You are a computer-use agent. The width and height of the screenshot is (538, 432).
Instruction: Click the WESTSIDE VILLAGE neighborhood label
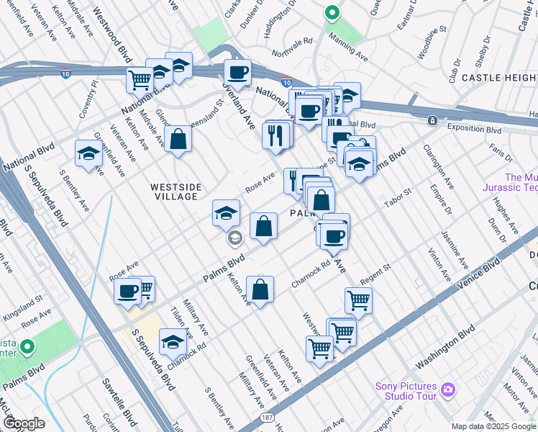coord(173,192)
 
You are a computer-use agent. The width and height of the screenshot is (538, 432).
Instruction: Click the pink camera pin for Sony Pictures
coord(449,390)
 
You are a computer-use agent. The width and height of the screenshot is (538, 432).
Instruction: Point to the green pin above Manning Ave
coord(331,13)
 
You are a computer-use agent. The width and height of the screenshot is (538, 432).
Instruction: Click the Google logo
coord(23,423)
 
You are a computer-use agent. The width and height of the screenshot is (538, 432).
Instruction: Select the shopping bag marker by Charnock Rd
coord(260,290)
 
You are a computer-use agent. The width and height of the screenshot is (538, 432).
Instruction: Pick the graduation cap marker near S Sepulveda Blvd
coord(173,343)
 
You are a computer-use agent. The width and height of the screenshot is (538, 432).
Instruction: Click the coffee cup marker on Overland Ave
coord(237,72)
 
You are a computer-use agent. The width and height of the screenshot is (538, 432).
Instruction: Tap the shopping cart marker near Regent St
coord(357,300)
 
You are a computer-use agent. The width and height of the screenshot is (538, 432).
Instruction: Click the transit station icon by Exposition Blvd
coord(432,121)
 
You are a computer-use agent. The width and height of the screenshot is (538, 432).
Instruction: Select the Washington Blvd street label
coord(445,345)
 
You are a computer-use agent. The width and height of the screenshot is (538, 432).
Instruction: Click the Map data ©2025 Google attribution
coord(493,426)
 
